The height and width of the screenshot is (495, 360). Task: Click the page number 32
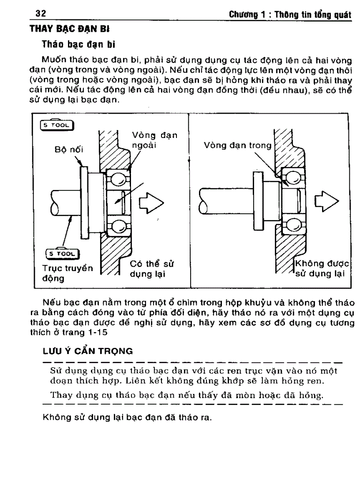[x=41, y=14]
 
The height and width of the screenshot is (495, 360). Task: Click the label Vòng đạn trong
[x=238, y=145]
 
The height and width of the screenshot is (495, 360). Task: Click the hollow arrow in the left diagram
[x=151, y=203]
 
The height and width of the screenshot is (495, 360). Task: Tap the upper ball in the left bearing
[x=118, y=179]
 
